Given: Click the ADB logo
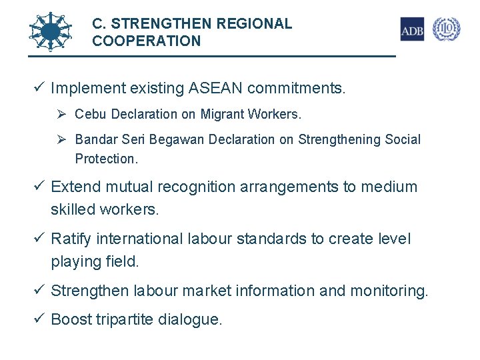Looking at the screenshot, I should click(x=412, y=29).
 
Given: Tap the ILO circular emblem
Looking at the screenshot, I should click(x=446, y=29).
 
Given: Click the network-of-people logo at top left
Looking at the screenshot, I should click(x=51, y=31).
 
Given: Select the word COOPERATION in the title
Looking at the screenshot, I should click(x=146, y=41).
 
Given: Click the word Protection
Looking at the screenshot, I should click(x=105, y=159).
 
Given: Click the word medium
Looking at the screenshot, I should click(x=389, y=187).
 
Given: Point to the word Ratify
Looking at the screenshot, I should click(x=71, y=239).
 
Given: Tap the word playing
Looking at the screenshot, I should click(x=76, y=262).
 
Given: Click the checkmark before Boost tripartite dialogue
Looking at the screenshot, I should click(x=40, y=319).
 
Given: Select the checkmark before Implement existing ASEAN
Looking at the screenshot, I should click(x=40, y=87).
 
